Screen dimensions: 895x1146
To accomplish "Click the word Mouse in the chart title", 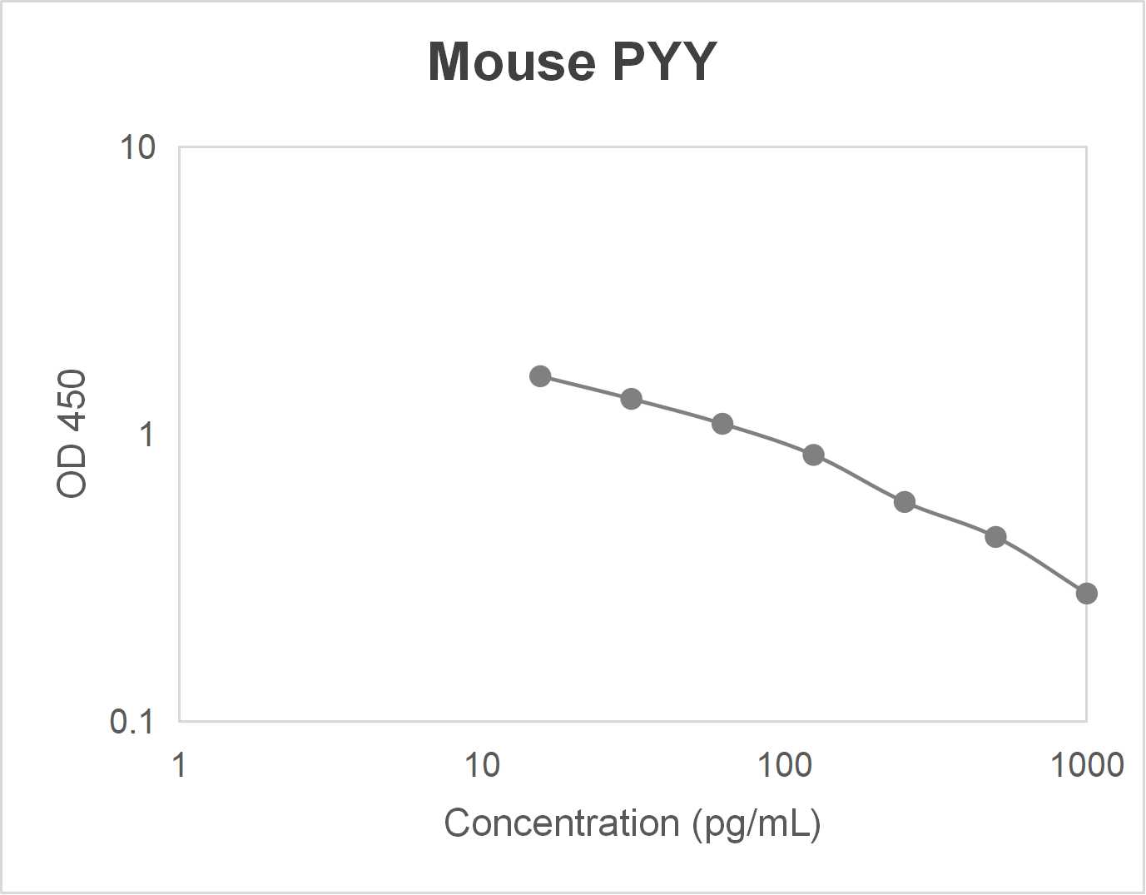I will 512,62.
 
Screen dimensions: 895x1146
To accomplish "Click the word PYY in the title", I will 664,62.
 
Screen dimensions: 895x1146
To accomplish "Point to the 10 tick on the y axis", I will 138,148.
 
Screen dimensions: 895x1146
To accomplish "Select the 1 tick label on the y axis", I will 147,435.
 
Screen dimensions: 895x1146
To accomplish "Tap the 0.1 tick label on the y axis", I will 132,722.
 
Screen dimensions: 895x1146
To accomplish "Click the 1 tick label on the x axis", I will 179,764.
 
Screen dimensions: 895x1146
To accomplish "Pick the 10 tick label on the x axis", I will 482,764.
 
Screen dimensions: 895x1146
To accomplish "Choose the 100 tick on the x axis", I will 784,764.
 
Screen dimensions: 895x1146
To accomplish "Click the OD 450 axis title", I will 72,434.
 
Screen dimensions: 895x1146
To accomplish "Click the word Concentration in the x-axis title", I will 562,823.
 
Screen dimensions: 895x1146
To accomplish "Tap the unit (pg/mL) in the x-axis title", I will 757,823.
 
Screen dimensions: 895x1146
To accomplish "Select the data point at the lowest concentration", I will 540,376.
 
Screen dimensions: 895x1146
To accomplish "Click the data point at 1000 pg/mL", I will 1086,594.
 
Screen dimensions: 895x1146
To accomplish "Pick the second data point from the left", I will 632,399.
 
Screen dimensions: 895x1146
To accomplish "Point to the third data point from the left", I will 722,424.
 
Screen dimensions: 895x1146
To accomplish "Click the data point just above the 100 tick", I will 814,455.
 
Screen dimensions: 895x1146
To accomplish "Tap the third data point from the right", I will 905,502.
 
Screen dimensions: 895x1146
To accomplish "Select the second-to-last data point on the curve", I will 995,537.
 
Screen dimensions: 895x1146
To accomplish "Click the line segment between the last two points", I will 1041,564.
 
